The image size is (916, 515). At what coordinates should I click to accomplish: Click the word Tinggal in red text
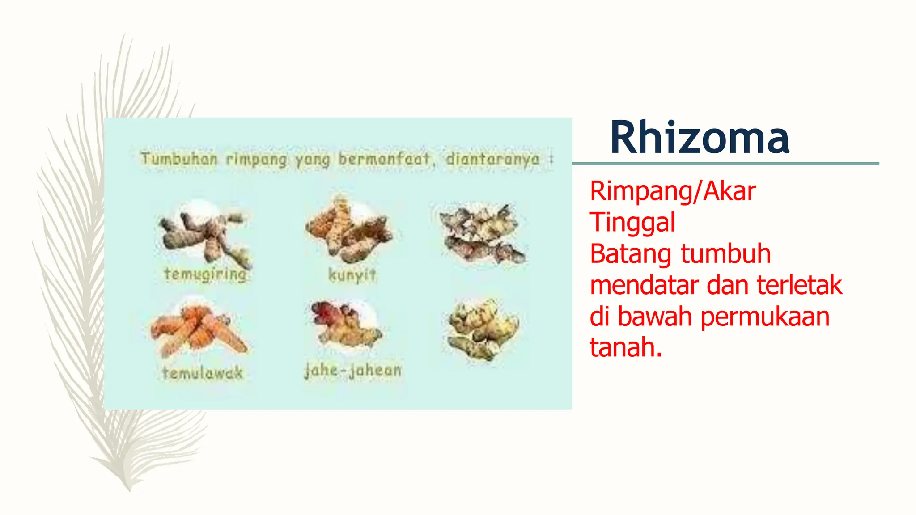tap(632, 223)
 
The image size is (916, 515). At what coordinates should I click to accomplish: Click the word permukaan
tap(765, 317)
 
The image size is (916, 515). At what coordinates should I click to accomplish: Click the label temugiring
tap(205, 274)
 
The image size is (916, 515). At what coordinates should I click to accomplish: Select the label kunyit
tap(352, 274)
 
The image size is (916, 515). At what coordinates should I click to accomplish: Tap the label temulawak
tap(203, 373)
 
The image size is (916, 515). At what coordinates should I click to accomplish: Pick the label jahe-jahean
tap(353, 370)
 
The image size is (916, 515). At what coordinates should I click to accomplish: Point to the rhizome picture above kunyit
tap(348, 229)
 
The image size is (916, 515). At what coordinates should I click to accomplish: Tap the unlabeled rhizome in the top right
tap(482, 234)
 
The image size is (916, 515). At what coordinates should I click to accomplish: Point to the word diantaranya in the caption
tap(492, 159)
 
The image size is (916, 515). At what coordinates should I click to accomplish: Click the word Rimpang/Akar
tap(672, 191)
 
